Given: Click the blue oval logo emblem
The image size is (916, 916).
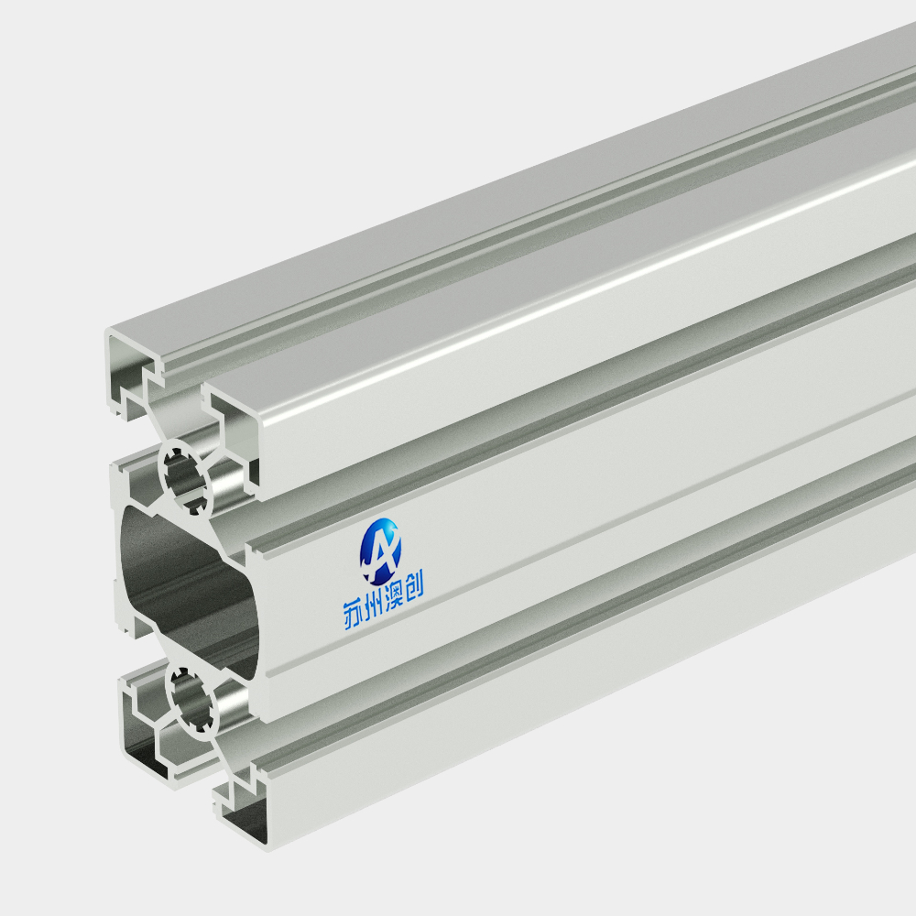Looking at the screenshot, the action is (x=380, y=551).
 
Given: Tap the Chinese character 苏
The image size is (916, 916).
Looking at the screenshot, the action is (x=353, y=614).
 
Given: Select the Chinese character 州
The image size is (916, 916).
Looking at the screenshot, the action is (x=373, y=605).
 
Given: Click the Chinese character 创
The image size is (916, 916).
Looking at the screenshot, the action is (x=414, y=586).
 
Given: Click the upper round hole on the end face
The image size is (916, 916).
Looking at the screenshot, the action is (x=186, y=477).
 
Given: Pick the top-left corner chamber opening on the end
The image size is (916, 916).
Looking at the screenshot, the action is (x=130, y=374).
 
